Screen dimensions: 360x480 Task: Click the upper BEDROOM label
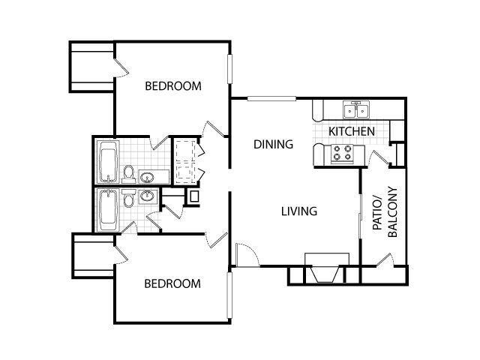[x=173, y=86]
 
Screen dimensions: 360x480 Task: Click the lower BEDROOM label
[x=172, y=283]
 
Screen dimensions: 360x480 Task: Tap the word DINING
[x=273, y=144]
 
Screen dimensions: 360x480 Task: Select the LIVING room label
[x=299, y=211]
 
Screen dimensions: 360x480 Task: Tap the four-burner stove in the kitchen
[x=343, y=154]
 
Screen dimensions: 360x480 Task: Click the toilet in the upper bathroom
[x=128, y=175]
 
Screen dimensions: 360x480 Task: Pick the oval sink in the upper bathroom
[x=147, y=177]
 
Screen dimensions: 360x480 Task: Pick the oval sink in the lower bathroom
[x=147, y=196]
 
